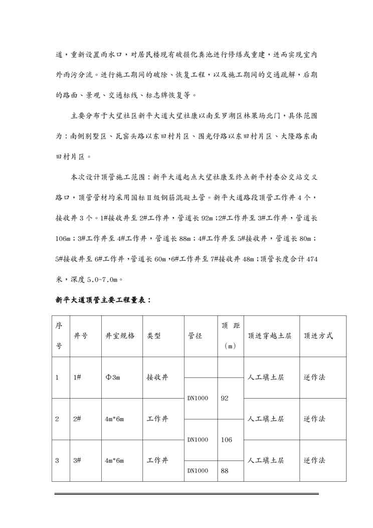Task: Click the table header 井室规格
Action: (x=120, y=336)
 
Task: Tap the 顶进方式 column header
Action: (x=318, y=336)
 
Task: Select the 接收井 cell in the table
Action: (x=157, y=377)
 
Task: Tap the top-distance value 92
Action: (x=224, y=398)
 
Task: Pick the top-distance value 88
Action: (x=224, y=471)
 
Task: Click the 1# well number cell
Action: (x=77, y=377)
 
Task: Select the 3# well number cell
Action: (x=77, y=460)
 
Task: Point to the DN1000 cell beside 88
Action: (x=198, y=471)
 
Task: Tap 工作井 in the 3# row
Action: (x=157, y=460)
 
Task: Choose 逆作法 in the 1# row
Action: (x=314, y=377)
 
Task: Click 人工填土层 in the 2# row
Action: (x=266, y=419)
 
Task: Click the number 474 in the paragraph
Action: (x=310, y=259)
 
